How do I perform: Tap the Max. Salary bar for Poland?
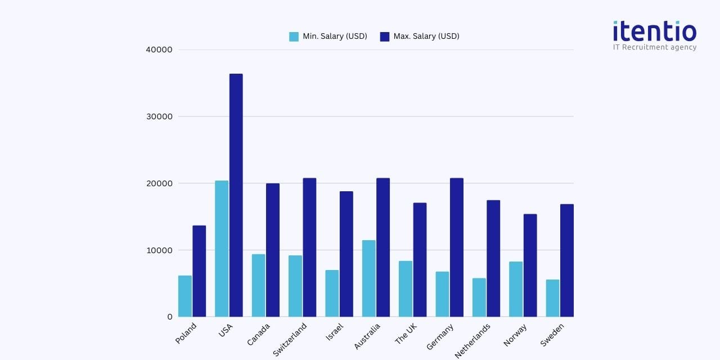199,271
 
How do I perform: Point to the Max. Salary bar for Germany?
457,247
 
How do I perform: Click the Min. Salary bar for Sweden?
552,298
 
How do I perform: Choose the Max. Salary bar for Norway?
530,265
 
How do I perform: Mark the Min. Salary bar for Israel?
332,294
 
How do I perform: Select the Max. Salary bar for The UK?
420,260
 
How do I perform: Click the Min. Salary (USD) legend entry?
328,37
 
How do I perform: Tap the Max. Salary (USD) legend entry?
420,37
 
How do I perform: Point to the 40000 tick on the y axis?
159,49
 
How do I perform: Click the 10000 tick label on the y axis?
159,250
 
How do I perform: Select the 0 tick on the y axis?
169,317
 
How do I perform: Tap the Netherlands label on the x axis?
472,340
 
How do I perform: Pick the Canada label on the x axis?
259,334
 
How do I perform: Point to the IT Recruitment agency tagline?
654,47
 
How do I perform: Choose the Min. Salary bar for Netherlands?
479,298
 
